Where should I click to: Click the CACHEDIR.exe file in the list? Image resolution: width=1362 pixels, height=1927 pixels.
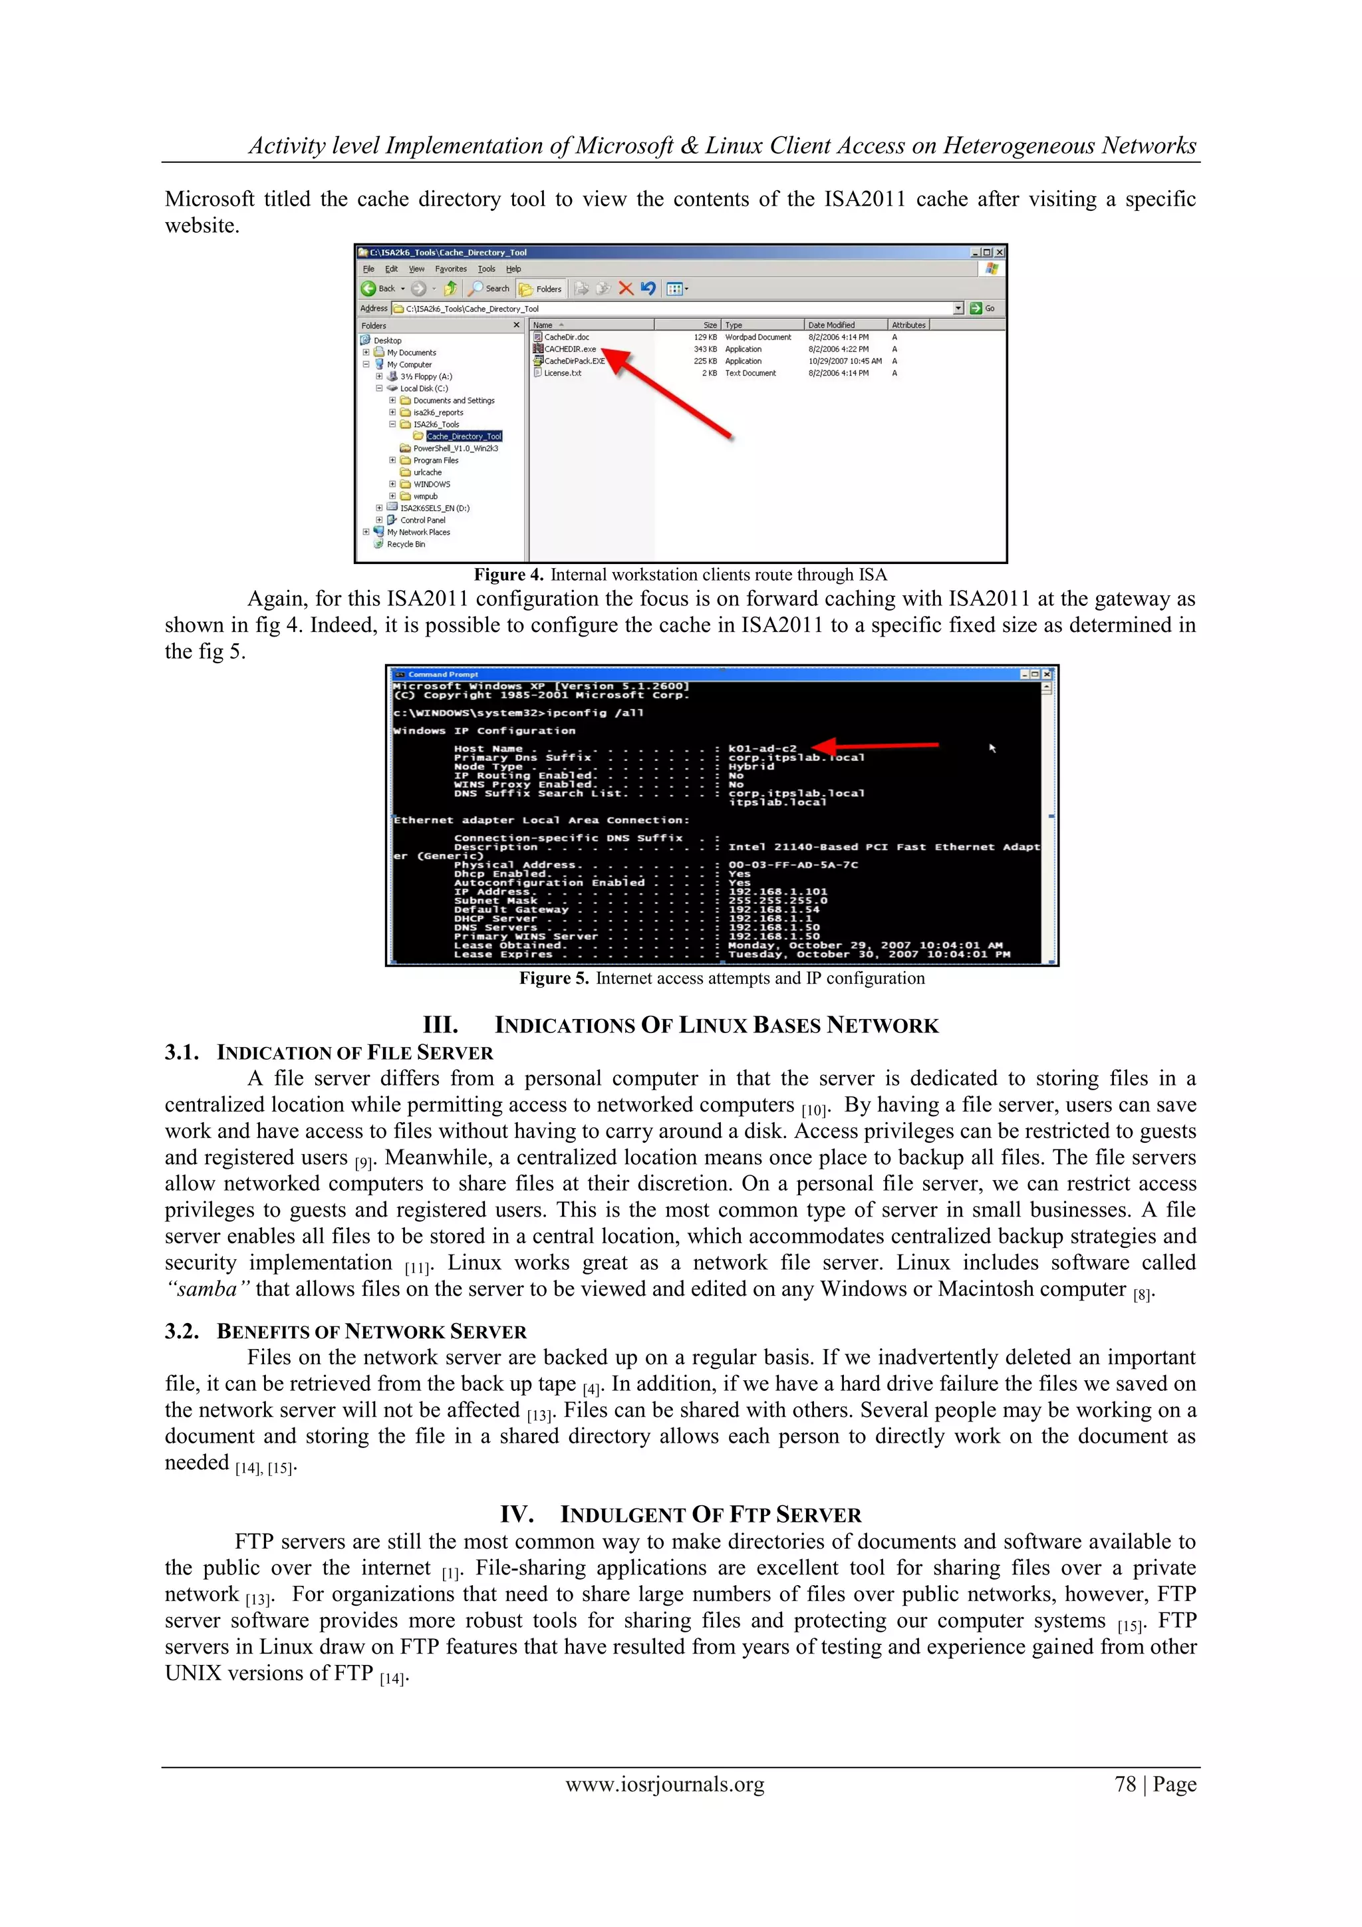click(x=569, y=349)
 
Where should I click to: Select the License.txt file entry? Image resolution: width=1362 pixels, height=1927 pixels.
click(x=561, y=373)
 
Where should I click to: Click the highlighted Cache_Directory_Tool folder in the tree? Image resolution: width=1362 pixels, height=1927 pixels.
click(x=464, y=436)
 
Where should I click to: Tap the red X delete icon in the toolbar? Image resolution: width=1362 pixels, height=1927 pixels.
click(x=625, y=289)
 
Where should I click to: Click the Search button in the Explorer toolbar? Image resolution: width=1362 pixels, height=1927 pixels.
click(x=490, y=289)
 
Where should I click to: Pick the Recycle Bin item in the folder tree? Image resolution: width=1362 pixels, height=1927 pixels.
click(x=405, y=545)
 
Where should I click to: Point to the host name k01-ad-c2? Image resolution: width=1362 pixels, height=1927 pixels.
click(x=762, y=748)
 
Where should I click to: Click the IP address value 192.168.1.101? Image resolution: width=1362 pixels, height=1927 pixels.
click(x=777, y=892)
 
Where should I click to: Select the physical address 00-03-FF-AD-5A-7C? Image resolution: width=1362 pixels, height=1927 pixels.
click(x=792, y=865)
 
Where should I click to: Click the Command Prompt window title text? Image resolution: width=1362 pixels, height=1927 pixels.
click(x=443, y=674)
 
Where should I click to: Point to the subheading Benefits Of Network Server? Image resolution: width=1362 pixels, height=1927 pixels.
click(x=371, y=1332)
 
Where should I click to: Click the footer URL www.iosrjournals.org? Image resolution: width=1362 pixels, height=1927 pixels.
click(x=664, y=1785)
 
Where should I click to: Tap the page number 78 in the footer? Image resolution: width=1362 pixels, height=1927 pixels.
click(x=1125, y=1785)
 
